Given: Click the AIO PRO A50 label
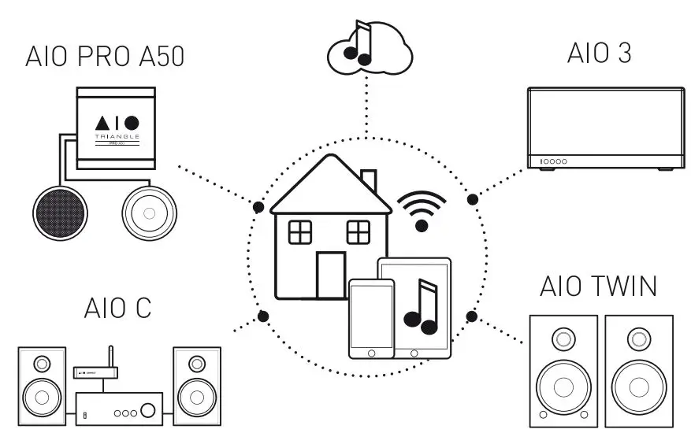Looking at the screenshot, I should tap(105, 57).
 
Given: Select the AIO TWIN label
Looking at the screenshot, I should tap(598, 287).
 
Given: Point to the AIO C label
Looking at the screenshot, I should tap(117, 309).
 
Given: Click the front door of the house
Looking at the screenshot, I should tap(330, 275).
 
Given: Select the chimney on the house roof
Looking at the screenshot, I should tap(368, 182).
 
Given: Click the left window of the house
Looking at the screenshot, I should tap(300, 232).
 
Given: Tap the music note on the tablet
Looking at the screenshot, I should tap(420, 307).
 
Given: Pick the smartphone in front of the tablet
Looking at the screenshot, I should tap(371, 318).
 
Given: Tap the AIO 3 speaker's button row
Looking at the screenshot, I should tap(553, 162).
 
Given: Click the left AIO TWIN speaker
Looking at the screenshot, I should tap(563, 371).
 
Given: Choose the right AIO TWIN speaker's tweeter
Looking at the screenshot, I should tap(639, 340).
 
